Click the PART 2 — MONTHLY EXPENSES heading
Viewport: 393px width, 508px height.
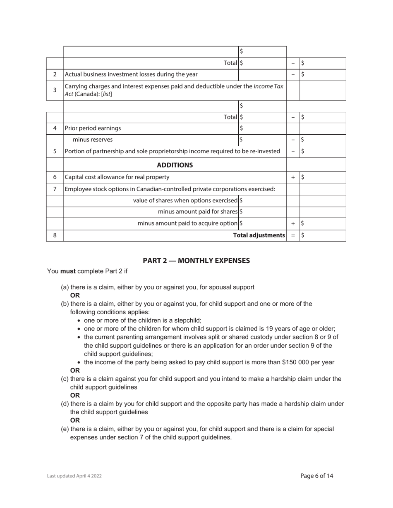coord(196,261)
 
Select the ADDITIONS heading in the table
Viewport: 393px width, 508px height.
coord(175,165)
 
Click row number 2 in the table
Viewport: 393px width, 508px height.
coord(55,75)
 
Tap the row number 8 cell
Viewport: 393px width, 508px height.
coord(55,235)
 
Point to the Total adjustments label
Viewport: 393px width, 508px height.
coord(259,235)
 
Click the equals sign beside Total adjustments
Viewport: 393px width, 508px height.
coord(293,235)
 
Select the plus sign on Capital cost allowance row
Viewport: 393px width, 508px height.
coord(293,178)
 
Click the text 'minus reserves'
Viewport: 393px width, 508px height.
coord(93,140)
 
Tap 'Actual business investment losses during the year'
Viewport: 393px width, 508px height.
coord(131,75)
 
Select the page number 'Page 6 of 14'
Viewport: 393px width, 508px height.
coord(316,476)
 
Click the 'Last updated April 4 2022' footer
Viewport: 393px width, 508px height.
coord(74,476)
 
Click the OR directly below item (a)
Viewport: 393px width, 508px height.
coord(75,296)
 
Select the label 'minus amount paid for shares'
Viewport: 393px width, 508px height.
coord(198,211)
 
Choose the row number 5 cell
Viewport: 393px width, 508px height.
coord(55,152)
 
